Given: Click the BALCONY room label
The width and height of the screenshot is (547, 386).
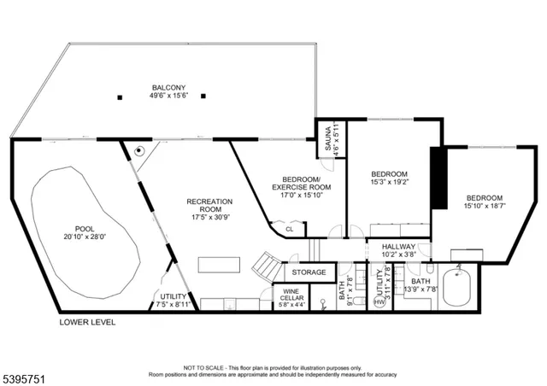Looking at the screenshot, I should tap(169, 87).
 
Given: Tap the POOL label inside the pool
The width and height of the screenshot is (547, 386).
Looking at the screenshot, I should tap(85, 229).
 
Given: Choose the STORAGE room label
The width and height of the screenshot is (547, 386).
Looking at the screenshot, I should tap(309, 272).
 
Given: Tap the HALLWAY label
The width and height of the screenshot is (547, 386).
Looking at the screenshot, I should tap(398, 246).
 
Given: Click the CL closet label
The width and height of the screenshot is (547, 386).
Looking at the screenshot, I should tap(290, 228).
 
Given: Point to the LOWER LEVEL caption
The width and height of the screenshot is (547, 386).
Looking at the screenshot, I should tap(86, 323).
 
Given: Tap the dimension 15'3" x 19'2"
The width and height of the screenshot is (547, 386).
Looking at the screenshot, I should tap(390, 181).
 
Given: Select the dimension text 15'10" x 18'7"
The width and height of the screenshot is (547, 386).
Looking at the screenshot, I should tap(485, 205).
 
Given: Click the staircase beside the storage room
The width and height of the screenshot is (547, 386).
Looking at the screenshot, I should tap(269, 267).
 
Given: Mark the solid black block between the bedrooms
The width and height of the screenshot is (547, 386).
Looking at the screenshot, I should tap(439, 178).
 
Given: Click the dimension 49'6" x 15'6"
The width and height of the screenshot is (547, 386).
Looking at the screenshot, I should tap(169, 96).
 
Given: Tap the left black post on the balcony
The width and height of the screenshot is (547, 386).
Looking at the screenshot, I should tap(120, 96).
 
